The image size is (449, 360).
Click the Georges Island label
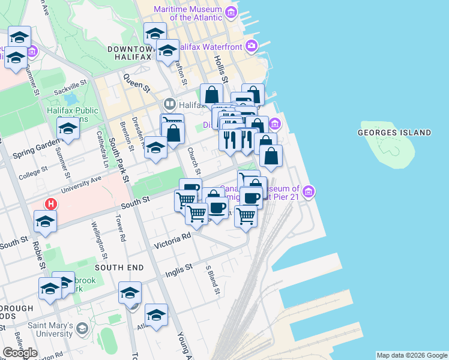pos(394,132)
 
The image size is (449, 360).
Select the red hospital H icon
pos(52,203)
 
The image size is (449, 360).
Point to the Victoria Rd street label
pos(172,241)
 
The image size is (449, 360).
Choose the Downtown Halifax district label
pos(129,52)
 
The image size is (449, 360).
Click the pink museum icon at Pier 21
pos(309,192)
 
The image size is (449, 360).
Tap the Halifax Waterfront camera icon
pos(252,46)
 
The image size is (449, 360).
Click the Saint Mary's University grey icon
pos(82,328)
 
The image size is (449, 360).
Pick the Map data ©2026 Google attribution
pos(412,355)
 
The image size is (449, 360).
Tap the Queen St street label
pos(136,83)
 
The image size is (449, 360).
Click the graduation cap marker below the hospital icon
pos(46,221)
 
